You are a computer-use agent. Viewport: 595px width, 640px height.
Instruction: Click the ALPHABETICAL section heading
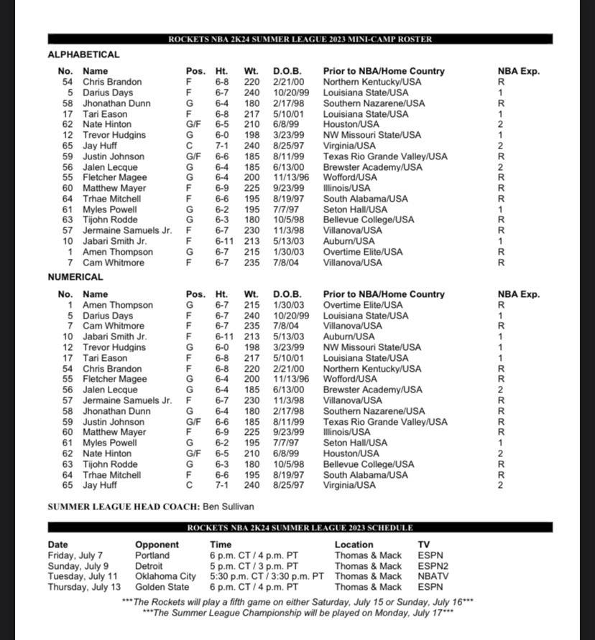tap(83, 55)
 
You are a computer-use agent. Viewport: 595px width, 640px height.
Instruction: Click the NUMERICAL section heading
tap(75, 277)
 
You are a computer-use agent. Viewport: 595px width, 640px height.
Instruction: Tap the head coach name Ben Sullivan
tap(228, 507)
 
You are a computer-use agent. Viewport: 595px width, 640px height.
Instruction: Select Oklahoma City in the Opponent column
tap(165, 576)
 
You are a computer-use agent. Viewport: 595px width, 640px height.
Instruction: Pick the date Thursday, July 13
tap(84, 587)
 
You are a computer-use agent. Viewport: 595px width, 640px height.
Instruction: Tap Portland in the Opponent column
tap(152, 555)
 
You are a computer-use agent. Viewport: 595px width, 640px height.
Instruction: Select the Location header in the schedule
tap(354, 545)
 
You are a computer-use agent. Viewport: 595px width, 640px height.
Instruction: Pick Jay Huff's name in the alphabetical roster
tap(100, 146)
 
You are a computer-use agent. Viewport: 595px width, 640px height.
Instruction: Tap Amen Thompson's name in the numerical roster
tap(117, 305)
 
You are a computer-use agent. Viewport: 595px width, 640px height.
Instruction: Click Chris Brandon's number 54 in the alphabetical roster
tap(68, 82)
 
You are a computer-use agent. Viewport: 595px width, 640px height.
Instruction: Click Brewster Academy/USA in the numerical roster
tap(372, 390)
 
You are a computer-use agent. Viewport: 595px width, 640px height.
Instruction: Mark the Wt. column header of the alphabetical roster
tap(251, 71)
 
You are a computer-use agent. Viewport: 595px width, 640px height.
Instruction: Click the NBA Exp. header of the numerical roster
tap(518, 294)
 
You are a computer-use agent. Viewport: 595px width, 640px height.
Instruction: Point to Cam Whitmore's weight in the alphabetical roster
tap(252, 263)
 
